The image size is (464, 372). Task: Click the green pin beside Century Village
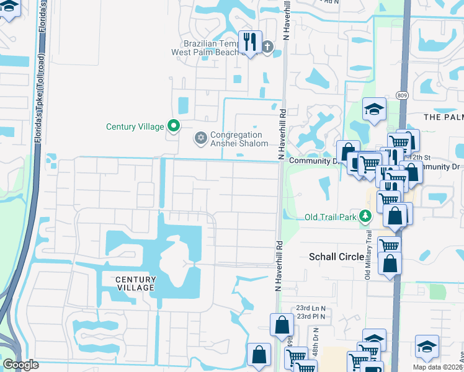pyautogui.click(x=174, y=126)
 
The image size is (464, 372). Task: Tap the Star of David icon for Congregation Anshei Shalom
pyautogui.click(x=200, y=138)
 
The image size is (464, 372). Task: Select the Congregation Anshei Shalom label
pyautogui.click(x=239, y=139)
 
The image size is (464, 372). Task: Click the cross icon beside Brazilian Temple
pyautogui.click(x=267, y=46)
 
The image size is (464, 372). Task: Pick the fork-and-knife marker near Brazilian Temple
pyautogui.click(x=251, y=43)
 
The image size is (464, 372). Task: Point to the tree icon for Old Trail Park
pyautogui.click(x=366, y=216)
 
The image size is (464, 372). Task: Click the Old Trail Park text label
pyautogui.click(x=331, y=217)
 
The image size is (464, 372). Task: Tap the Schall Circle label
pyautogui.click(x=336, y=257)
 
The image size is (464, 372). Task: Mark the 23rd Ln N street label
pyautogui.click(x=311, y=308)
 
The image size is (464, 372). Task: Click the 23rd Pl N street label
pyautogui.click(x=310, y=316)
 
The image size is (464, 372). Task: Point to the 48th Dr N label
pyautogui.click(x=316, y=342)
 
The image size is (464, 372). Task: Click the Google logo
pyautogui.click(x=20, y=365)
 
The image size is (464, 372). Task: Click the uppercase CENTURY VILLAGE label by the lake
pyautogui.click(x=135, y=284)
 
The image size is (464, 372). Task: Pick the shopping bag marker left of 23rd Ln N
pyautogui.click(x=282, y=325)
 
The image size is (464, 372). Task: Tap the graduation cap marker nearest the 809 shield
pyautogui.click(x=375, y=110)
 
